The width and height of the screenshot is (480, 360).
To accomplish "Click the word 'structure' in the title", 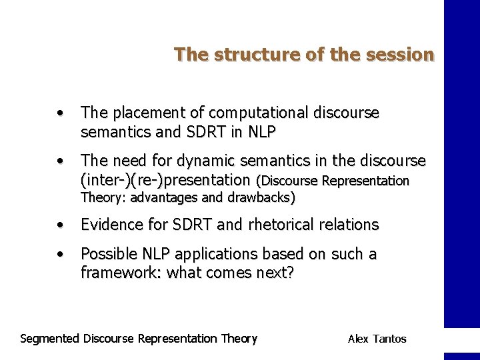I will [x=245, y=54].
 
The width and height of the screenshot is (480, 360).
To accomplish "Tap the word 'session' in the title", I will [x=400, y=54].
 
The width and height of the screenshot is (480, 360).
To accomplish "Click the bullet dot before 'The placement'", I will [x=61, y=113].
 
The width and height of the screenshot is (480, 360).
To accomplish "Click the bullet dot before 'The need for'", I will [x=61, y=161].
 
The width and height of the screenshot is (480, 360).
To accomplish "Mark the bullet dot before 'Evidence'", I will [x=61, y=225].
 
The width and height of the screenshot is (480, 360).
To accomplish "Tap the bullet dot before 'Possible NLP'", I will [x=61, y=255].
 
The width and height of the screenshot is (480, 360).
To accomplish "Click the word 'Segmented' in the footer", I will [x=50, y=339].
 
